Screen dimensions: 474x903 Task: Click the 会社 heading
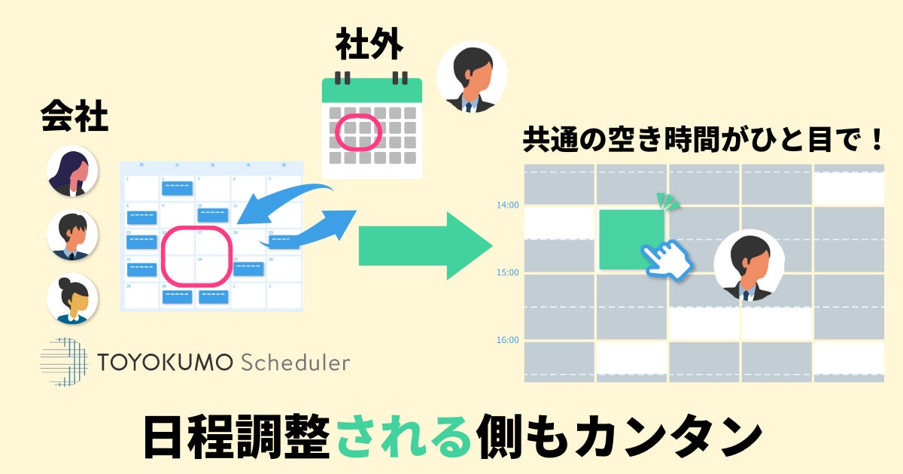(74, 117)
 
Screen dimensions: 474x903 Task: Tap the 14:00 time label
(507, 205)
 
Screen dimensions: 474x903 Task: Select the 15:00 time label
(507, 272)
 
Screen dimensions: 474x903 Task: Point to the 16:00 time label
(507, 340)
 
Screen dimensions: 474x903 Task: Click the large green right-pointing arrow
(424, 245)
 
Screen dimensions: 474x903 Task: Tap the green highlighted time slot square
(631, 239)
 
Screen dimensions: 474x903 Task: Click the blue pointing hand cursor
(668, 260)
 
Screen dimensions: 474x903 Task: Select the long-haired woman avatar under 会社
(72, 171)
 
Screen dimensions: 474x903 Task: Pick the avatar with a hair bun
(72, 299)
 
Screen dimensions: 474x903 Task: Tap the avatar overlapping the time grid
(749, 266)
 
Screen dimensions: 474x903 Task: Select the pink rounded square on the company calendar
(196, 256)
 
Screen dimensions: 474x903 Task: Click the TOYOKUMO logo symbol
(63, 362)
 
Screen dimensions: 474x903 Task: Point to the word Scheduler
(296, 363)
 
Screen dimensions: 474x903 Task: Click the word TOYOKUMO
(166, 363)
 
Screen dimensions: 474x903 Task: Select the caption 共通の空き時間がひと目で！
(703, 141)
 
